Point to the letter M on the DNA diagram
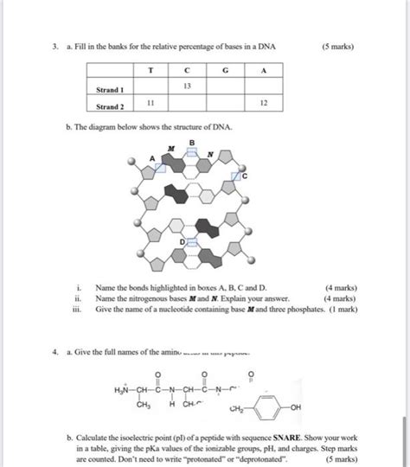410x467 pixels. [171, 148]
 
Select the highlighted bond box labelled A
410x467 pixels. [161, 166]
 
